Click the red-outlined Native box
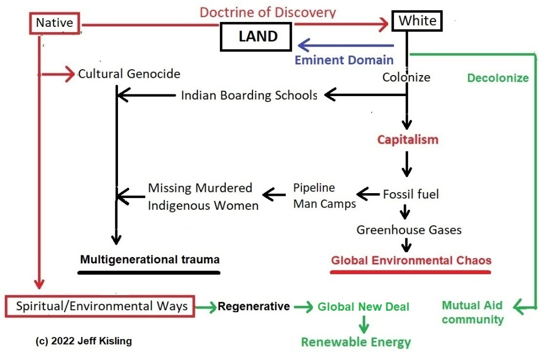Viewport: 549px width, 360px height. click(54, 23)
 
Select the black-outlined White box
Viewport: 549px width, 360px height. click(418, 21)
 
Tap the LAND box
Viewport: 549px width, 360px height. click(258, 36)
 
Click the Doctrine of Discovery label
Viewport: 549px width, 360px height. click(268, 12)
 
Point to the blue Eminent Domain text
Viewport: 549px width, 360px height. click(344, 60)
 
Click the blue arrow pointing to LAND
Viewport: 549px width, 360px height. click(346, 46)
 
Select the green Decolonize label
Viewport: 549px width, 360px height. click(498, 78)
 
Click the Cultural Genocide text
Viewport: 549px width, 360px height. click(129, 74)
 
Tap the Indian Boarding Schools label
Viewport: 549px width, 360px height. click(249, 95)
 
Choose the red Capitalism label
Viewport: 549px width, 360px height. click(407, 140)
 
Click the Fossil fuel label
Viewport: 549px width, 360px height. click(411, 194)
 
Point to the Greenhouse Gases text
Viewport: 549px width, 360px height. click(409, 230)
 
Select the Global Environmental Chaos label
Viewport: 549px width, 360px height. click(411, 261)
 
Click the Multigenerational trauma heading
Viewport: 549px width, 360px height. click(150, 260)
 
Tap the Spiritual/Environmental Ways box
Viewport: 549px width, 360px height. click(102, 306)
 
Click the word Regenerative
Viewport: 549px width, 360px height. click(254, 306)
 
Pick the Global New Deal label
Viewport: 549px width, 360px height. click(363, 307)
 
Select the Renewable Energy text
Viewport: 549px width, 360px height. click(355, 342)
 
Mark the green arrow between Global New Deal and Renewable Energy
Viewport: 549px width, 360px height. click(364, 324)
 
